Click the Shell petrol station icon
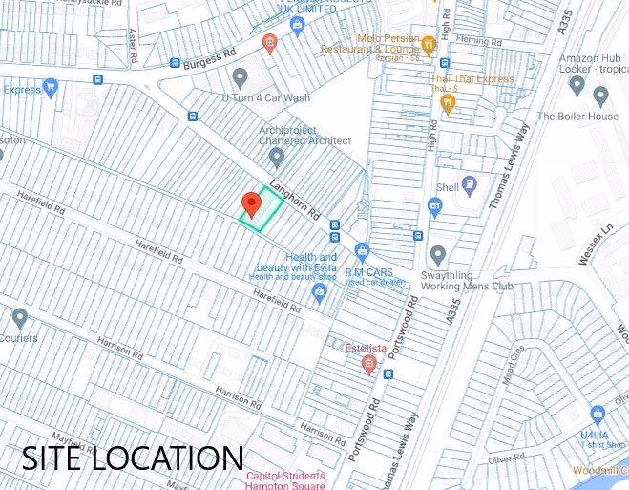(469, 184)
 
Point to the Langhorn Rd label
(293, 203)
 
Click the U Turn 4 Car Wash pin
(240, 76)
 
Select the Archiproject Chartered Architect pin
(277, 156)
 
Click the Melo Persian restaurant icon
(429, 43)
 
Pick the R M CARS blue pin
(362, 251)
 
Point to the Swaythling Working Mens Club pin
(437, 255)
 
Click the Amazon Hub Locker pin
(577, 84)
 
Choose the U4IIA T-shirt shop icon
(598, 415)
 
